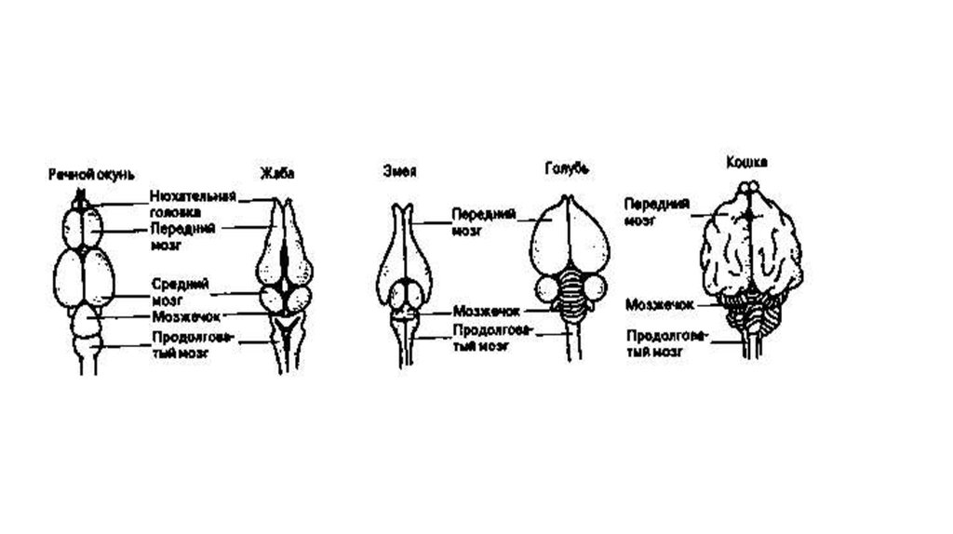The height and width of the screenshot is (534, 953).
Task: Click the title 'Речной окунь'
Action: [91, 175]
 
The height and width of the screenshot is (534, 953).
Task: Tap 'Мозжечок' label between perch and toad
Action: [186, 316]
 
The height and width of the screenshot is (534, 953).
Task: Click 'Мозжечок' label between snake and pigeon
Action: [486, 311]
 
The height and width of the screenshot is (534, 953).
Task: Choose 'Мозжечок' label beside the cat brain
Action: [660, 303]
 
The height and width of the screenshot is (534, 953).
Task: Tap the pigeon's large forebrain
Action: [570, 237]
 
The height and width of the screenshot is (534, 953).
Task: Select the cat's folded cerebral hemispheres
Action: [750, 251]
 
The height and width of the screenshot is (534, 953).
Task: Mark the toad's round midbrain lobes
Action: [285, 299]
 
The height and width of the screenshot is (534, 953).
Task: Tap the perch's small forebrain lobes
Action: [84, 226]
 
